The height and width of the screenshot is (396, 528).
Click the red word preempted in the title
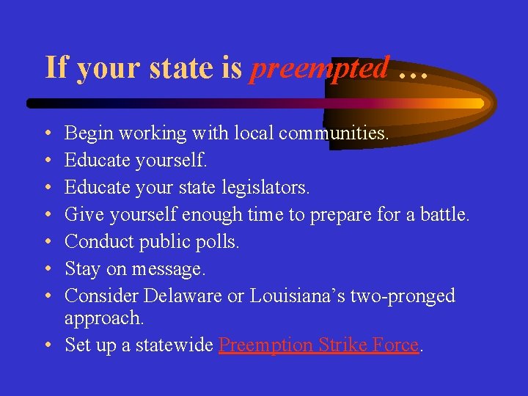319,68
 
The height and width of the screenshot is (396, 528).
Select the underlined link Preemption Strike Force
319,345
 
